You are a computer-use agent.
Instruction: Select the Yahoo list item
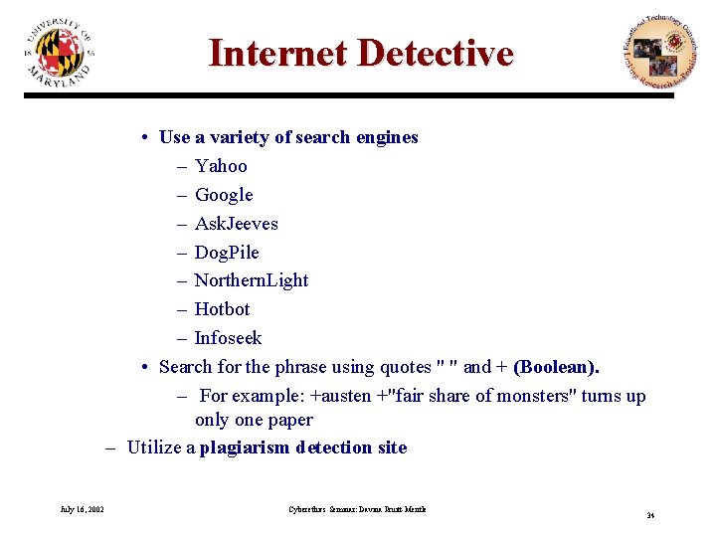(221, 166)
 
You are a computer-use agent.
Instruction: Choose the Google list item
(224, 195)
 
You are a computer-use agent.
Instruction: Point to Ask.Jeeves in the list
(236, 224)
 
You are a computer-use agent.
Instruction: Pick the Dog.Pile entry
(227, 253)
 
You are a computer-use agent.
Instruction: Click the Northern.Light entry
(252, 280)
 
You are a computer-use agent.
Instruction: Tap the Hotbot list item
(222, 309)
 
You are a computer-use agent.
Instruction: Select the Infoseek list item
(228, 338)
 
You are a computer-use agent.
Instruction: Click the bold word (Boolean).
(556, 367)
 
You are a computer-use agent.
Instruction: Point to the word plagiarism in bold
(247, 447)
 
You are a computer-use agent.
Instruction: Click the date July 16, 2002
(83, 509)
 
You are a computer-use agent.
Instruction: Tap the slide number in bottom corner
(649, 515)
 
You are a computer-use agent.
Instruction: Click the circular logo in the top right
(653, 52)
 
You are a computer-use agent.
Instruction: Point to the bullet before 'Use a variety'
(145, 137)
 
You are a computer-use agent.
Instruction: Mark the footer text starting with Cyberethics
(357, 509)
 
